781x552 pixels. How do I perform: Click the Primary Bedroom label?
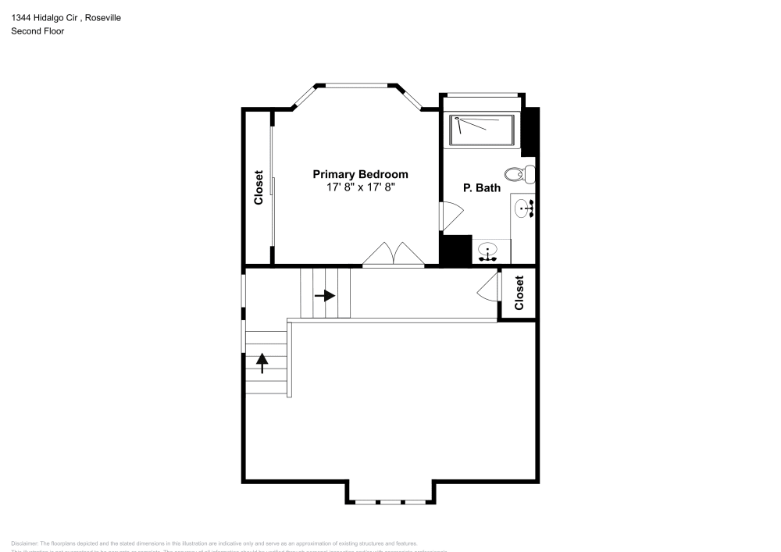click(360, 174)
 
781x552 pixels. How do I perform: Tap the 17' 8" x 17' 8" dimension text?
click(360, 187)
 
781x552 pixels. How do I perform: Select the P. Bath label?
click(481, 187)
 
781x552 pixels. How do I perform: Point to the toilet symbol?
click(519, 173)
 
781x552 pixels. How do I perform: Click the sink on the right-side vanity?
click(524, 208)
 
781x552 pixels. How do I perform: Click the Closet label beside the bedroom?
click(259, 188)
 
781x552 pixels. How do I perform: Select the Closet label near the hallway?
click(519, 293)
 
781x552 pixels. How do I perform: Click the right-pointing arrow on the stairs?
click(325, 296)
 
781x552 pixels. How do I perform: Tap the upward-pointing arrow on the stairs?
click(262, 362)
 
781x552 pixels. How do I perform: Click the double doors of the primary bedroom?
click(394, 255)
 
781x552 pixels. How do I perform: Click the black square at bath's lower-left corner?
click(455, 250)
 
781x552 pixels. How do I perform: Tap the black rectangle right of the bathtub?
click(530, 131)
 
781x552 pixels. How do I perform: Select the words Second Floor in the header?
click(37, 31)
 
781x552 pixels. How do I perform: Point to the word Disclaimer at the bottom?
click(24, 543)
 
